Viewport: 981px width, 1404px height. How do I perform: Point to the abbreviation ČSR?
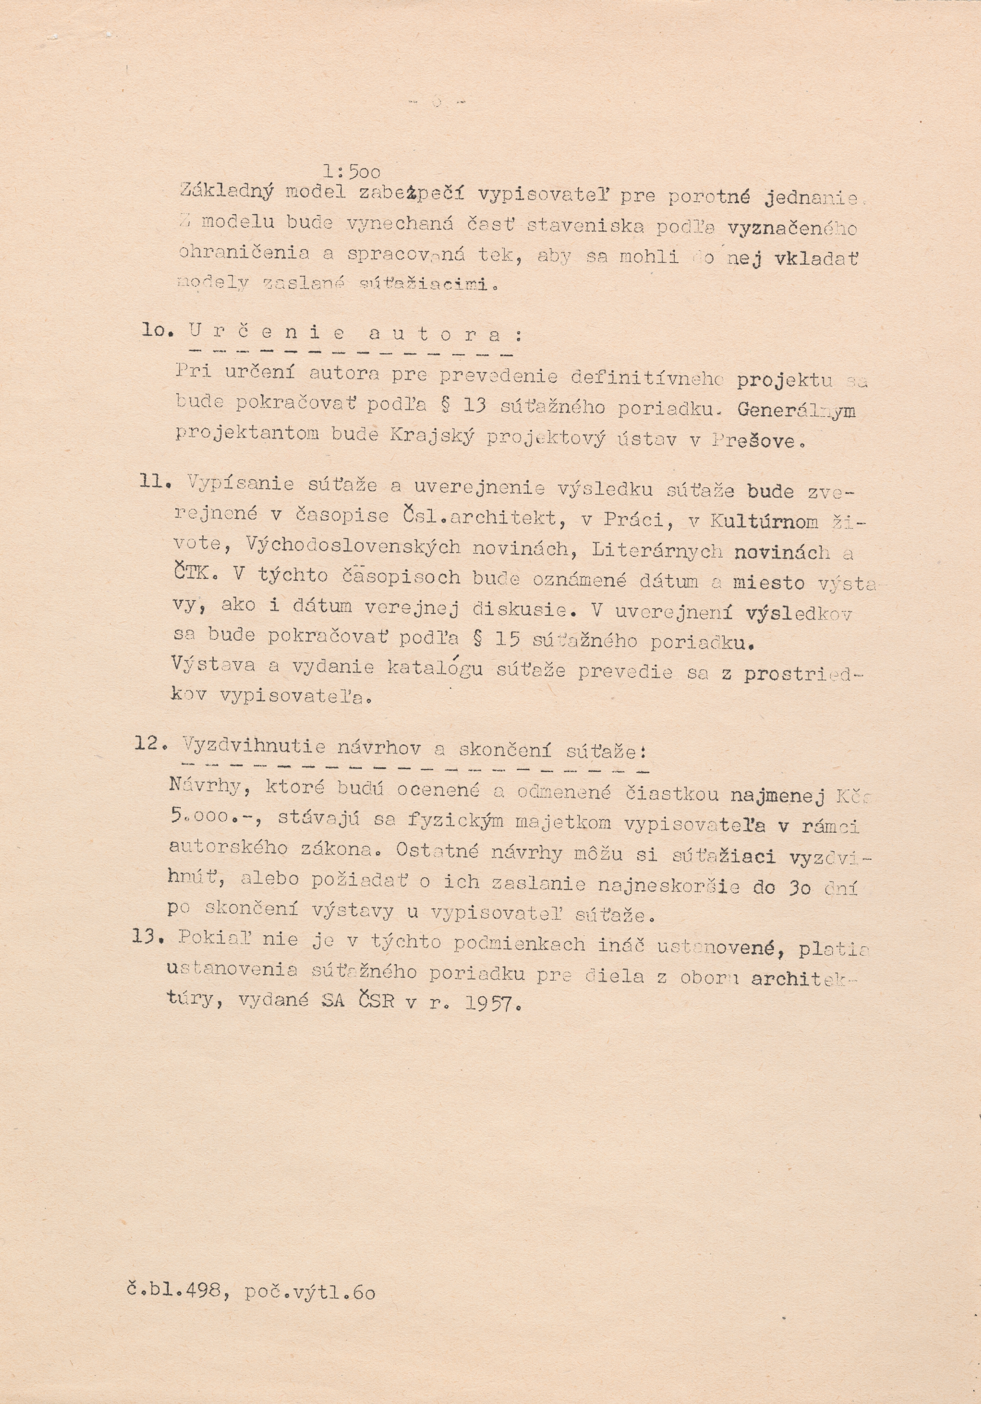[368, 1002]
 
